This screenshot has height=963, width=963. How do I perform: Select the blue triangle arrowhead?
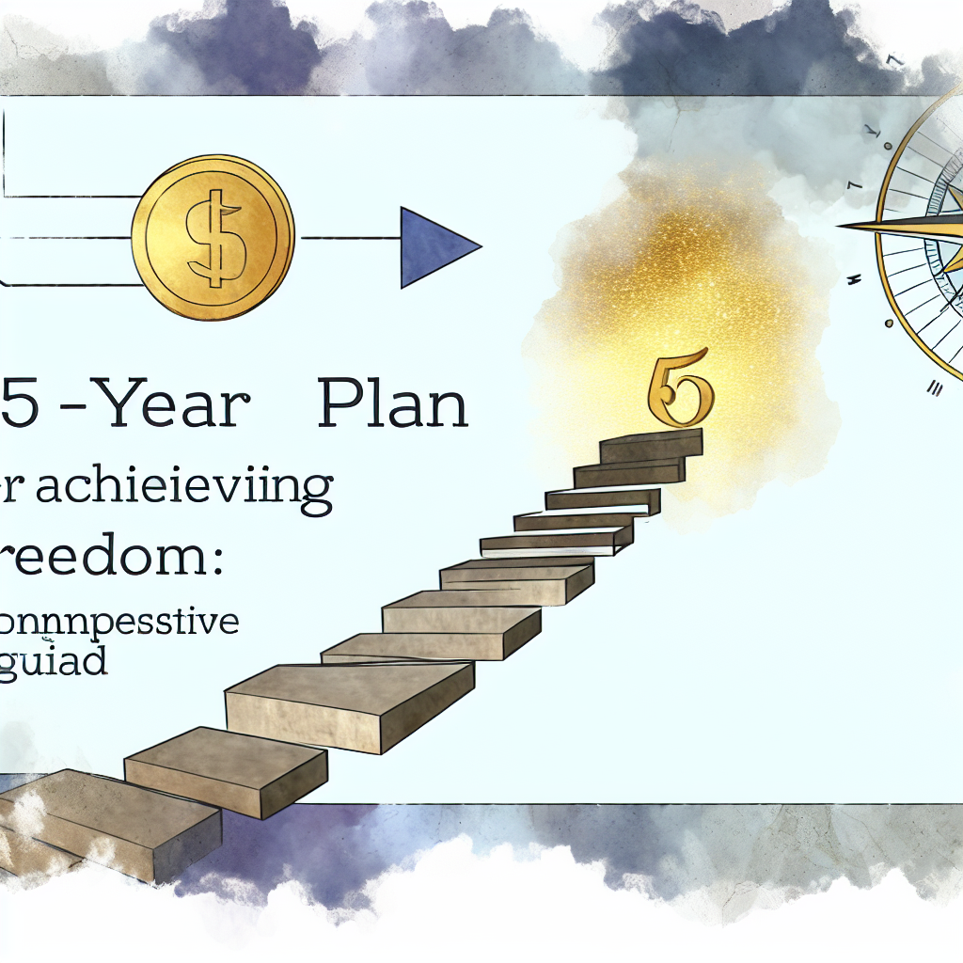tap(434, 246)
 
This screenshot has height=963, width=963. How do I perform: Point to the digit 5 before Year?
tap(22, 406)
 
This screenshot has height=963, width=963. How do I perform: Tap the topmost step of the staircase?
tap(651, 445)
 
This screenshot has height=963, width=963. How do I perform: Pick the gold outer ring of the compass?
tap(884, 273)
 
